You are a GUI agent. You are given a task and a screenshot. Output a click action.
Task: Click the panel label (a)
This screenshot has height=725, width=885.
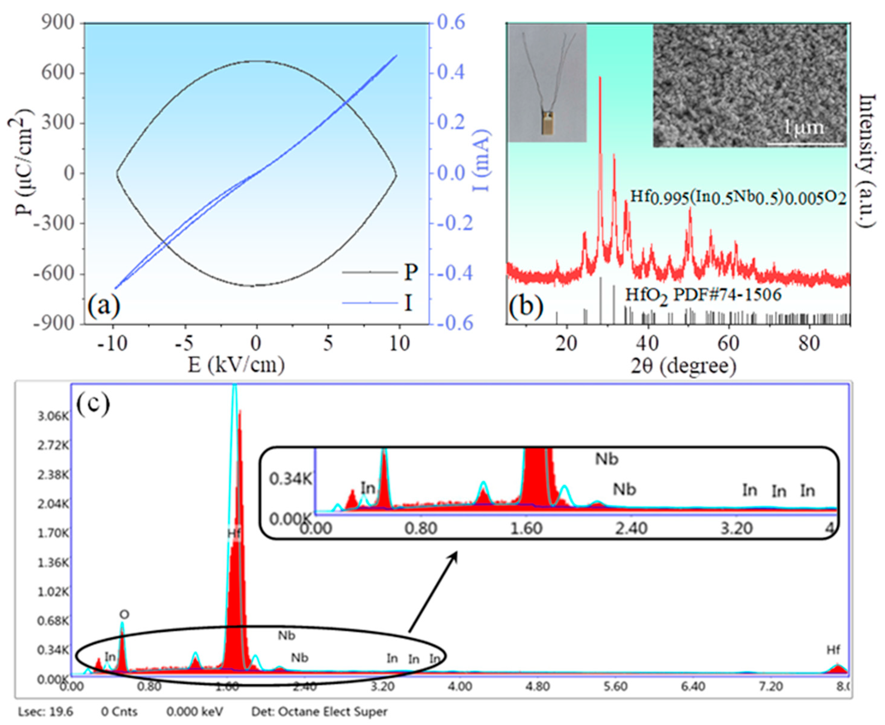coord(104,305)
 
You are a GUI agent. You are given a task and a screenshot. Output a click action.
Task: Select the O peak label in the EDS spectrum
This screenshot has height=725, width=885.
coord(124,614)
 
